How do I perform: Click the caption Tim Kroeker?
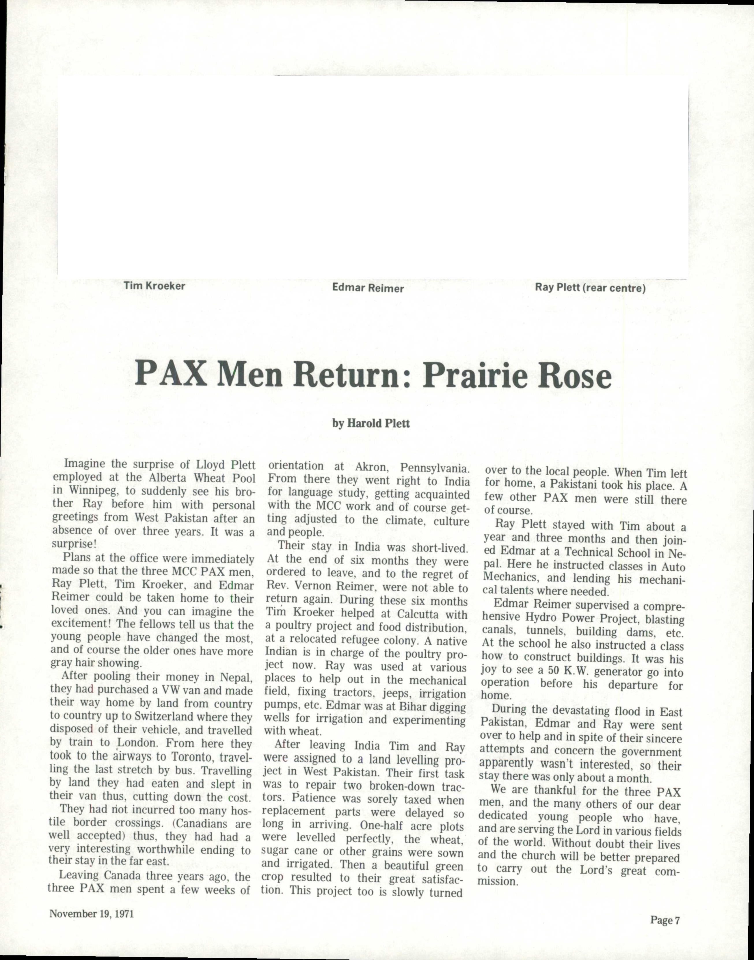pyautogui.click(x=154, y=286)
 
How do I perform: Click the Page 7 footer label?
pyautogui.click(x=665, y=920)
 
